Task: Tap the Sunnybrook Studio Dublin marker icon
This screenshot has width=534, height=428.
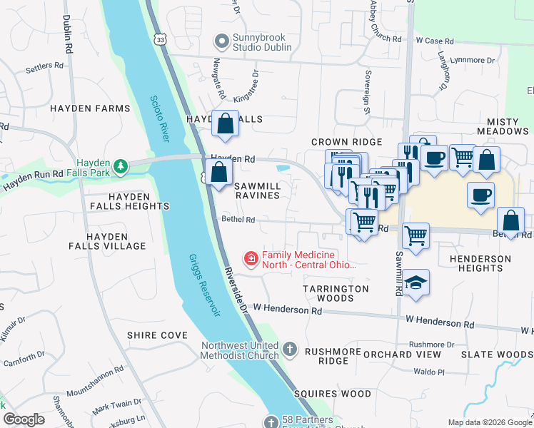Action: click(221, 42)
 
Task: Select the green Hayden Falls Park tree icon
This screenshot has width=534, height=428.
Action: click(122, 167)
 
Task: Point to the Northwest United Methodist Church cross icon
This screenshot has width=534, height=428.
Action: click(289, 350)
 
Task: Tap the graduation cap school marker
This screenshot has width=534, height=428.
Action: click(415, 283)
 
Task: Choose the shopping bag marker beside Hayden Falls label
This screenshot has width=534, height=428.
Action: click(226, 123)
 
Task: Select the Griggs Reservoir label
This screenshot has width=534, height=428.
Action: click(204, 285)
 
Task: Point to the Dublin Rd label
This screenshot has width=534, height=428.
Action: click(69, 36)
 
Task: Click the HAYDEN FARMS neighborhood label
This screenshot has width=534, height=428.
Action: click(90, 108)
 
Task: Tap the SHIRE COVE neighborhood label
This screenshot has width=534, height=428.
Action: click(157, 335)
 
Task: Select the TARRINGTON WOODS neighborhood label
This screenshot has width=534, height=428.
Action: click(336, 293)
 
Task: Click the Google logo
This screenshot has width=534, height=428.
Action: click(24, 419)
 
